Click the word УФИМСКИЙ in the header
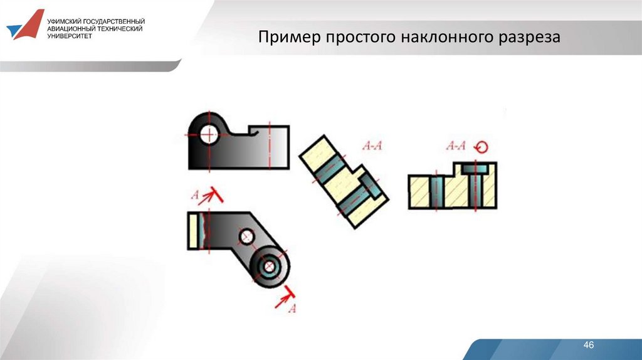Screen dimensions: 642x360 click(64, 21)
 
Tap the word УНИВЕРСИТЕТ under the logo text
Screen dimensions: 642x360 click(70, 36)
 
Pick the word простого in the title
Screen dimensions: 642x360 click(361, 38)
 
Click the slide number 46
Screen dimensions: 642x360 click(588, 345)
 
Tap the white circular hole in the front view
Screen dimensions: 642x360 click(209, 134)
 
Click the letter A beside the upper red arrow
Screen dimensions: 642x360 click(196, 194)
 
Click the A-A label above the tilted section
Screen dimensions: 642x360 click(372, 146)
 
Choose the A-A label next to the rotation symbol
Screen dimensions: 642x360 click(456, 146)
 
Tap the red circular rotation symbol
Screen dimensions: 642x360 click(481, 147)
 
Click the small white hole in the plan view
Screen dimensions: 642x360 click(246, 236)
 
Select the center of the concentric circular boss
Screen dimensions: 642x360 click(269, 267)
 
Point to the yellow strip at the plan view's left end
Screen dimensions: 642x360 click(193, 231)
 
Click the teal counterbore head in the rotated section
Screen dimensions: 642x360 click(475, 168)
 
